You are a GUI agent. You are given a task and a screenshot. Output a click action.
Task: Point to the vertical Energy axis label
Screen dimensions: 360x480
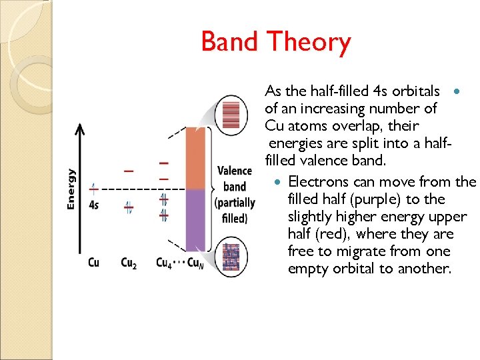71,189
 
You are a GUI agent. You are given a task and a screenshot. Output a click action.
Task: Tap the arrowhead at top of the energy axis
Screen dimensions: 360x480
81,128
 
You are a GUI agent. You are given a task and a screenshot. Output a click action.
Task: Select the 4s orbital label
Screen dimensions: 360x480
93,205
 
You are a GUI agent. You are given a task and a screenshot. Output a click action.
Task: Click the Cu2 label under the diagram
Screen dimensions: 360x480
128,262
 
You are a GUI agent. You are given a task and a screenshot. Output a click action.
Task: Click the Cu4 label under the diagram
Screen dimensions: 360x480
163,262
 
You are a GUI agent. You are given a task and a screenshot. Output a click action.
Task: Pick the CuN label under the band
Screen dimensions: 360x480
195,262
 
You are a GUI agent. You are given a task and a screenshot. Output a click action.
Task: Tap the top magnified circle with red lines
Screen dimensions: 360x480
231,113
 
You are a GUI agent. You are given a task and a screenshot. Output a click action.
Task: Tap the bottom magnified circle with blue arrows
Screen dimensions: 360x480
231,253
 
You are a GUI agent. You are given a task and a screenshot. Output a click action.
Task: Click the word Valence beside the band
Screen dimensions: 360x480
234,171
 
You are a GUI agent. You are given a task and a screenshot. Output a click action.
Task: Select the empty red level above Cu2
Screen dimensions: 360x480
128,171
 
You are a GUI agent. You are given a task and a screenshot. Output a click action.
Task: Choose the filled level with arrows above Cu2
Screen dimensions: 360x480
128,208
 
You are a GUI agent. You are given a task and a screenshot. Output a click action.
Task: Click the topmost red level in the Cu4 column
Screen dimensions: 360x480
163,163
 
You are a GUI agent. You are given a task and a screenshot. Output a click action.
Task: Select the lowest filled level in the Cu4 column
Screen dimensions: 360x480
163,215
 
